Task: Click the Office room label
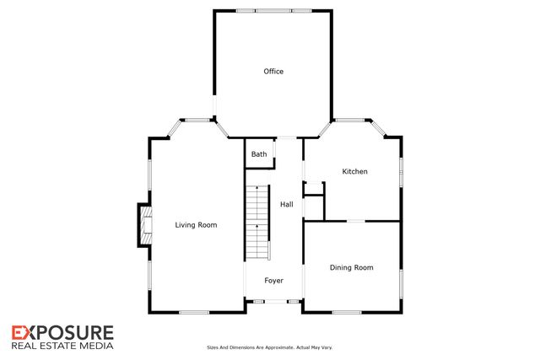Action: (x=273, y=72)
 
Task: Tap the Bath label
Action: (x=259, y=154)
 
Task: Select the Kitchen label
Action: (x=354, y=172)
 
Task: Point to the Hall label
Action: (x=287, y=204)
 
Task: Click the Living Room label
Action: (x=196, y=225)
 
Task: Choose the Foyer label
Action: (x=273, y=280)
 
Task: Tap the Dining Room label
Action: (x=351, y=268)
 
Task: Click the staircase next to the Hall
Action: (x=256, y=223)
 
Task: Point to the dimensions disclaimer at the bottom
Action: (x=270, y=347)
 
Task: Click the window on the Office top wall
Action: (x=273, y=11)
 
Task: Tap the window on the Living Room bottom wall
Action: (x=193, y=313)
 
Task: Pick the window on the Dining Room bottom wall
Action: (x=351, y=313)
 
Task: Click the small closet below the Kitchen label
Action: (x=314, y=207)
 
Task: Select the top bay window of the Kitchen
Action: (x=351, y=119)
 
